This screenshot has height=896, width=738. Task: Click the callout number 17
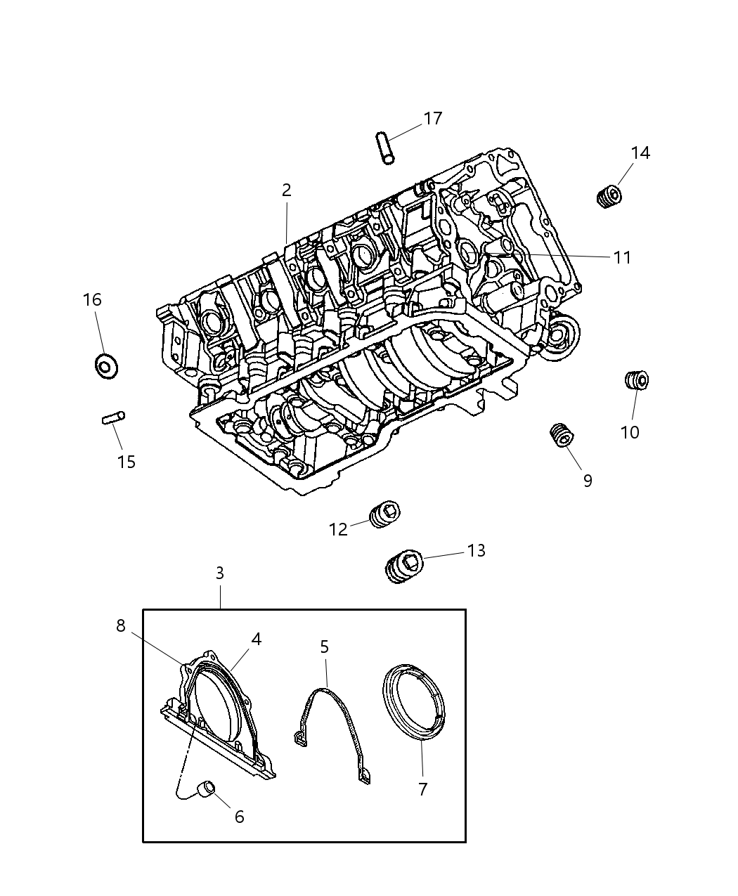point(433,118)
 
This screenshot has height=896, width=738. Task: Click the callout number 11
point(622,258)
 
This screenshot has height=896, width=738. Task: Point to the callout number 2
point(286,190)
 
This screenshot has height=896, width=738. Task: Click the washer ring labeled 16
point(106,365)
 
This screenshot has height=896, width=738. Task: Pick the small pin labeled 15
point(112,419)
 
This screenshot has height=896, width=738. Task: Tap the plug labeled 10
point(636,380)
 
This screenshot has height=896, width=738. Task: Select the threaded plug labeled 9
point(562,434)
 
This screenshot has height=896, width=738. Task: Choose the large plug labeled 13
point(403,566)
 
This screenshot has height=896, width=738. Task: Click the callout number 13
point(476,550)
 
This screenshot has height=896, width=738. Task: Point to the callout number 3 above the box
point(219,573)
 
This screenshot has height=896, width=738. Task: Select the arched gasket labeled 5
point(332,731)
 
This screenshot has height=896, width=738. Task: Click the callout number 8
point(121,625)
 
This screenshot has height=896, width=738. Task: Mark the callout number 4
point(256,639)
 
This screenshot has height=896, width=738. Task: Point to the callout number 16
point(92,300)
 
